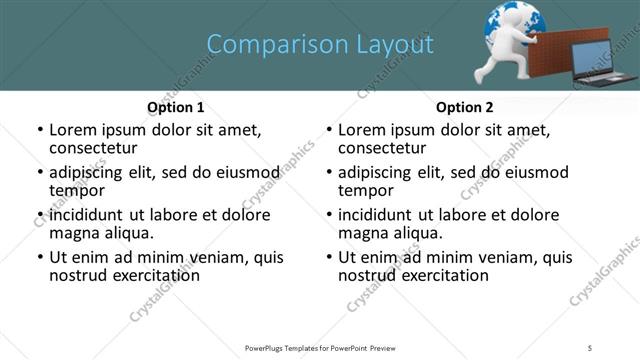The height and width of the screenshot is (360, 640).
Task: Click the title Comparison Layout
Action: (x=320, y=44)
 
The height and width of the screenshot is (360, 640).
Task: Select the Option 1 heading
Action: (x=175, y=107)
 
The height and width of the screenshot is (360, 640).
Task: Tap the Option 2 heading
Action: (x=464, y=107)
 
